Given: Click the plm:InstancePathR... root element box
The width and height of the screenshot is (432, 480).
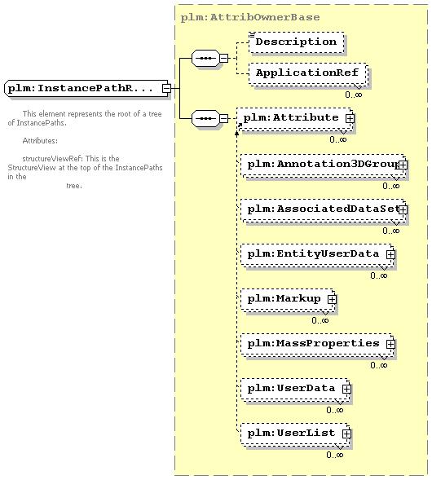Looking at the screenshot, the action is coord(87,89).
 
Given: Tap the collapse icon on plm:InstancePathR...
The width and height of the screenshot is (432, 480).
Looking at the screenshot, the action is coord(166,88).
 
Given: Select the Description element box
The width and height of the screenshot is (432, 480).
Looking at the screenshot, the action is coord(297,42).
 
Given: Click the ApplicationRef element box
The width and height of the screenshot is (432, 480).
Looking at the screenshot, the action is coord(308,74).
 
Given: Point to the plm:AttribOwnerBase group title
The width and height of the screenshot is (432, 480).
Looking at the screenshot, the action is coord(250,17).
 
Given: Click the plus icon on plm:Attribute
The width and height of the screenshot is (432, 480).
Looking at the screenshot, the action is coord(350,118).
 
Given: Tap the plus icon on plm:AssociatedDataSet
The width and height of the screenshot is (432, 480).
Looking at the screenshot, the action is coord(403,209).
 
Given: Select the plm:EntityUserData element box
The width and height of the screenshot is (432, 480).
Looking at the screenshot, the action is coord(317,255).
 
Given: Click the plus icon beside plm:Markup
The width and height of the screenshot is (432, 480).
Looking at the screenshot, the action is coord(332,299).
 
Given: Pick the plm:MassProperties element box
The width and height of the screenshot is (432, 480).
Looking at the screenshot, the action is coord(317,345).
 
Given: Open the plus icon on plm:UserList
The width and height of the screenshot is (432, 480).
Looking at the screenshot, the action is coord(346,434).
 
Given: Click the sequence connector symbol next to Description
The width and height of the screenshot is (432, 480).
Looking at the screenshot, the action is coord(205,58).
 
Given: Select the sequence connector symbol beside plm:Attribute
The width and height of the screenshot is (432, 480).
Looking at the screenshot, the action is coord(205,118).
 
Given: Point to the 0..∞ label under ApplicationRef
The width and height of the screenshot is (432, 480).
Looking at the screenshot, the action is coord(354,95).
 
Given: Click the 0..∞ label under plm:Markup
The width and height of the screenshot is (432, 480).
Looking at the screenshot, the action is coord(320,320).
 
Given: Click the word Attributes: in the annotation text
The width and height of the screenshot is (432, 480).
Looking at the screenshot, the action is coord(40,141).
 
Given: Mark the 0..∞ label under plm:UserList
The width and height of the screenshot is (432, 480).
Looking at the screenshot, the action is coord(335,455).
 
